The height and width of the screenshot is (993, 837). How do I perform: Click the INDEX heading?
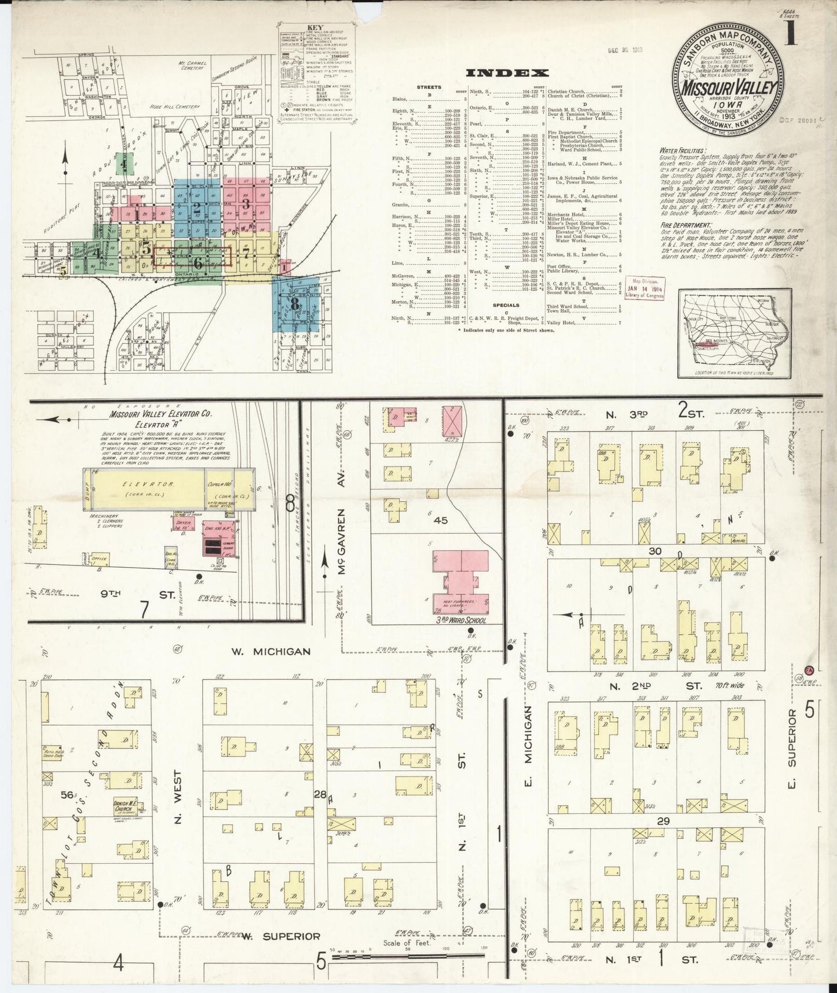pyautogui.click(x=506, y=73)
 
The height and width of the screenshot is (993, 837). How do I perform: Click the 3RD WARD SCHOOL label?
pyautogui.click(x=460, y=620)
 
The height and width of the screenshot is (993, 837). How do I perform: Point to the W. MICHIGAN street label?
pyautogui.click(x=271, y=651)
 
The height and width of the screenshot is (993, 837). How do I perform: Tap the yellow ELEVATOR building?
pyautogui.click(x=149, y=490)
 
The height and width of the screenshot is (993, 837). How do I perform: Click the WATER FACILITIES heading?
pyautogui.click(x=680, y=149)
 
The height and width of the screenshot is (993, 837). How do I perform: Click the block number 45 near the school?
pyautogui.click(x=441, y=520)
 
